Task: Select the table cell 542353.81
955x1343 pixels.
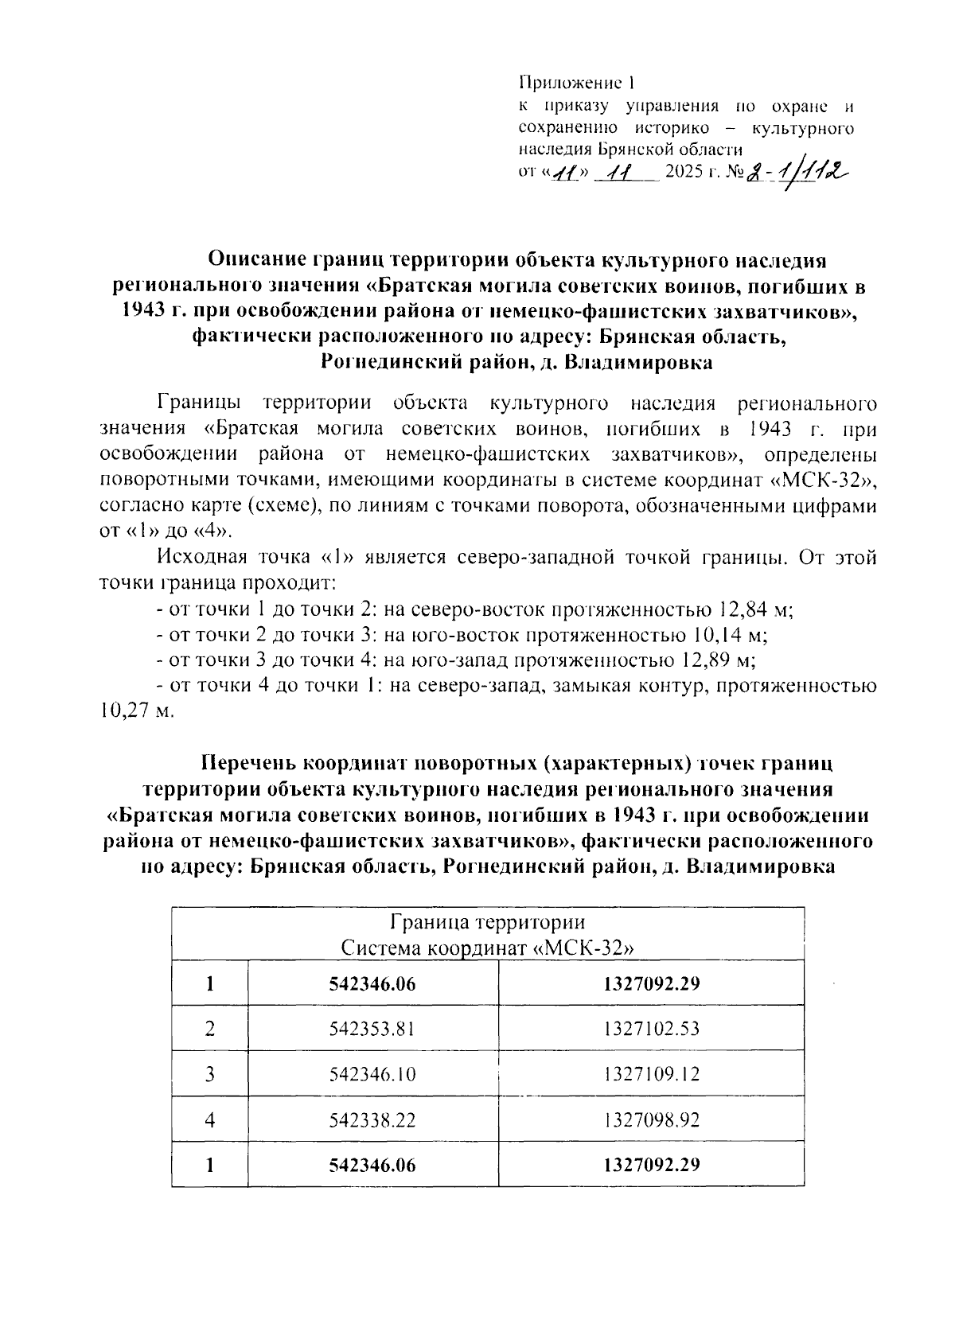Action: (x=372, y=1029)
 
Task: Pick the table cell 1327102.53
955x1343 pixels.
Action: (x=651, y=1029)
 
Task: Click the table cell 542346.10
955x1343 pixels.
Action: (x=372, y=1075)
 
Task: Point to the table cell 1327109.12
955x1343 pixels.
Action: (x=651, y=1075)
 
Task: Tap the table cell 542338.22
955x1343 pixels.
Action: (x=372, y=1121)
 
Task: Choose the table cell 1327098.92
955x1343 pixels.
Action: (x=651, y=1121)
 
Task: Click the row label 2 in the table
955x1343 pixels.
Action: (x=210, y=1029)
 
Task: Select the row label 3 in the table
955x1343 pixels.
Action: (x=210, y=1075)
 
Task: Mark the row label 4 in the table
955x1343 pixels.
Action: (x=210, y=1121)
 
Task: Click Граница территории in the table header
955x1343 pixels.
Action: (x=487, y=923)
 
